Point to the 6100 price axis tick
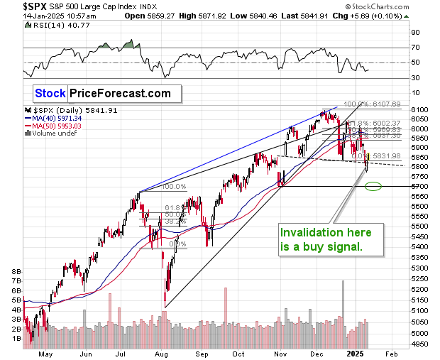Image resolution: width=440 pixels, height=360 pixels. (x=419, y=109)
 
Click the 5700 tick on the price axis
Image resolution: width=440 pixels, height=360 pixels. (x=419, y=187)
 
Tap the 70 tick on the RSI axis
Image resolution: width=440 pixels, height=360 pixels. (x=415, y=48)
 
